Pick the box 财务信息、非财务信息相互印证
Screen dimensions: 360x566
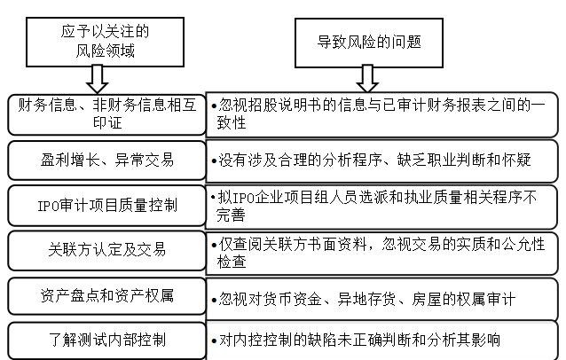click(104, 112)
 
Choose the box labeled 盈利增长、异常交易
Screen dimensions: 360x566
click(104, 160)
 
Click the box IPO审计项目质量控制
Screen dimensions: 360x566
click(104, 207)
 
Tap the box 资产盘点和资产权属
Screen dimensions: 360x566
click(104, 296)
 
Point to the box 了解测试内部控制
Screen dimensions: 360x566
click(104, 340)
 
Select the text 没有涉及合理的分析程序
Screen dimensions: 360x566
click(372, 160)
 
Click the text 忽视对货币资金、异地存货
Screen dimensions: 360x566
click(363, 299)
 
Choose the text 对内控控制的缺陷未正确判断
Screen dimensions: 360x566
click(356, 340)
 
